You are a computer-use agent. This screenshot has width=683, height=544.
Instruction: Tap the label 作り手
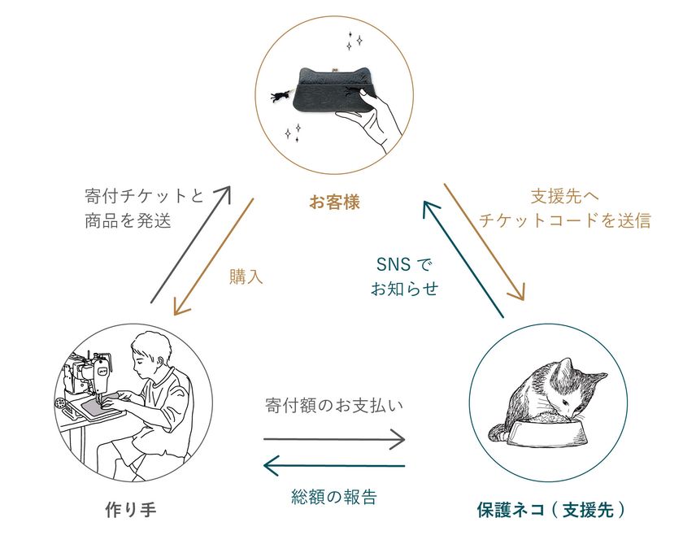click(130, 510)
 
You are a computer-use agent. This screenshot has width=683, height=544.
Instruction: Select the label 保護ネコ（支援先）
click(551, 510)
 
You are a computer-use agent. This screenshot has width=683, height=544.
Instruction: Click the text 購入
click(246, 276)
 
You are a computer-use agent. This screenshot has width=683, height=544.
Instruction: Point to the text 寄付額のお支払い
click(334, 404)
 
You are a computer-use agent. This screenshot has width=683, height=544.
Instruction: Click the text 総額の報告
click(333, 496)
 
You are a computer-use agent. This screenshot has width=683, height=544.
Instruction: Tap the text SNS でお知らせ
click(404, 276)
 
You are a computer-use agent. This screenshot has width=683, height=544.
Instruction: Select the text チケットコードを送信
click(564, 220)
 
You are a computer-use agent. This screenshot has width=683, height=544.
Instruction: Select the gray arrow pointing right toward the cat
click(334, 440)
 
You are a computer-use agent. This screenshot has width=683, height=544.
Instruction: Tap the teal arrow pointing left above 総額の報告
click(334, 466)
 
